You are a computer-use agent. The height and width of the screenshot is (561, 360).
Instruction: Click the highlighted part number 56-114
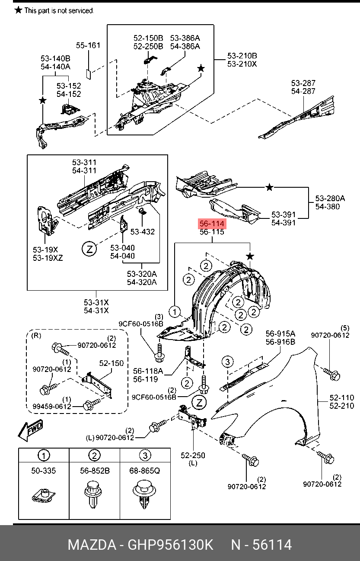click(211, 224)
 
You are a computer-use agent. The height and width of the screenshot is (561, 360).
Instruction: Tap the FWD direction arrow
click(30, 430)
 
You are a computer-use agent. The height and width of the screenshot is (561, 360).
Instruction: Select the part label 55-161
click(88, 45)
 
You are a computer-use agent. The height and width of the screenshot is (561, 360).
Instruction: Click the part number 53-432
click(143, 232)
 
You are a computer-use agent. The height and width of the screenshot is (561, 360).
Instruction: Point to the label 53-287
click(303, 83)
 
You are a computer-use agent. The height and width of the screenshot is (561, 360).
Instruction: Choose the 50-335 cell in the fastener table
click(44, 470)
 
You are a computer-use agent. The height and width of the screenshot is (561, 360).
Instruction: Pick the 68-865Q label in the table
click(145, 470)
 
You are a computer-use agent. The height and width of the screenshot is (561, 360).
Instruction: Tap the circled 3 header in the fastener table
click(145, 455)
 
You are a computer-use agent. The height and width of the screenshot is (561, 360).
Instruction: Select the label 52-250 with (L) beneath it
click(193, 455)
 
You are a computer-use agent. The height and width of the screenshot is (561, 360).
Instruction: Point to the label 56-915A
click(280, 333)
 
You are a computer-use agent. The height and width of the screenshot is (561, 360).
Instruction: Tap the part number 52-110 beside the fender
click(341, 398)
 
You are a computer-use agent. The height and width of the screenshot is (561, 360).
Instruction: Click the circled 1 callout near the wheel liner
click(174, 311)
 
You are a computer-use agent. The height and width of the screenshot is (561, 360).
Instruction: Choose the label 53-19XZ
click(48, 258)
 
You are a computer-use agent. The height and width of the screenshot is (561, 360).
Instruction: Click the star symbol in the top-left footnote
click(18, 10)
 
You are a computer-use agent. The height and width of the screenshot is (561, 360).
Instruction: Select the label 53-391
click(284, 215)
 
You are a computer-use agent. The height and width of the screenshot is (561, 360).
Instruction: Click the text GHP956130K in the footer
click(170, 545)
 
